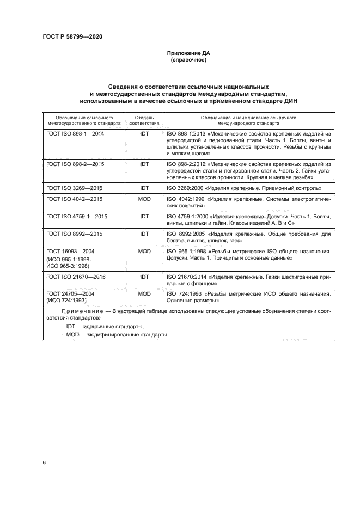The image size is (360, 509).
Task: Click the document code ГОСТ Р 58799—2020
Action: click(72, 36)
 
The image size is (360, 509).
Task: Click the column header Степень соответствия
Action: click(144, 120)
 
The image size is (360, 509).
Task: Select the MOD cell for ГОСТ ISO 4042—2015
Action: click(144, 199)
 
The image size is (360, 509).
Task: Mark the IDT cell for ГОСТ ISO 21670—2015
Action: click(144, 277)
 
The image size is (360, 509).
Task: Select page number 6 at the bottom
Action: click(44, 462)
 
